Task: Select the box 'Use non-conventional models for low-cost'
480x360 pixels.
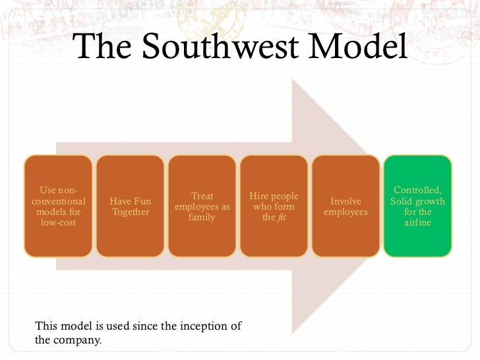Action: tap(58, 206)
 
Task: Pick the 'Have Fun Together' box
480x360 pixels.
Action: tap(130, 206)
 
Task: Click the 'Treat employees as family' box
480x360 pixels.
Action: tap(202, 206)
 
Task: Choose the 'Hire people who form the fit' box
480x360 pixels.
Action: tap(274, 206)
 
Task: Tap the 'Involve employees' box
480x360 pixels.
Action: tap(345, 206)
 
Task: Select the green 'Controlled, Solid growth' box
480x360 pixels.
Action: tap(417, 206)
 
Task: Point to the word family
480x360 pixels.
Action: tap(202, 218)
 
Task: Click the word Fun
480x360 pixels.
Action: tap(140, 201)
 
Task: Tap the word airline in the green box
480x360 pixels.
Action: tap(417, 223)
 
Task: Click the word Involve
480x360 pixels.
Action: tap(345, 201)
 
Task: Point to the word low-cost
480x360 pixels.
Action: tap(58, 223)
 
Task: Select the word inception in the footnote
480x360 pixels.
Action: tap(198, 326)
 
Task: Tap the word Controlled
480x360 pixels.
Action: tap(417, 191)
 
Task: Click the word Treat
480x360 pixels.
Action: tap(202, 196)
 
